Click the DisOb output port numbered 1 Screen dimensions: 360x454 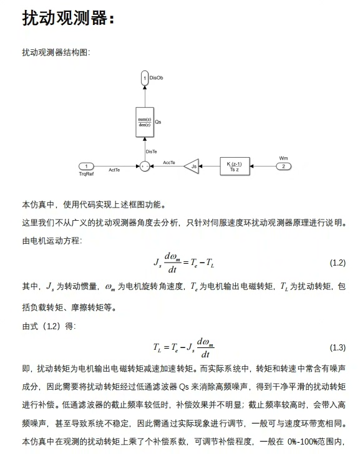coord(145,77)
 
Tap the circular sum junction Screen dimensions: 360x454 coord(145,166)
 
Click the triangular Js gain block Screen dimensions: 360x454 coord(193,166)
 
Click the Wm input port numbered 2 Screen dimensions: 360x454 coord(284,166)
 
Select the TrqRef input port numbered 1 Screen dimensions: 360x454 coord(85,166)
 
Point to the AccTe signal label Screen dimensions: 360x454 coord(169,162)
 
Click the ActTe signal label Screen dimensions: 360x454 coord(114,170)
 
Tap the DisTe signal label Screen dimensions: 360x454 coord(151,151)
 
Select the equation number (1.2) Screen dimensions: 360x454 coord(337,263)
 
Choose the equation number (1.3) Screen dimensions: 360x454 coord(337,347)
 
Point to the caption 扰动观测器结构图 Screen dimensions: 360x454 coord(56,52)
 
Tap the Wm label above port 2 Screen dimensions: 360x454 coord(283,158)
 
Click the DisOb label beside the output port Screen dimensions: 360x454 coord(156,77)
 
